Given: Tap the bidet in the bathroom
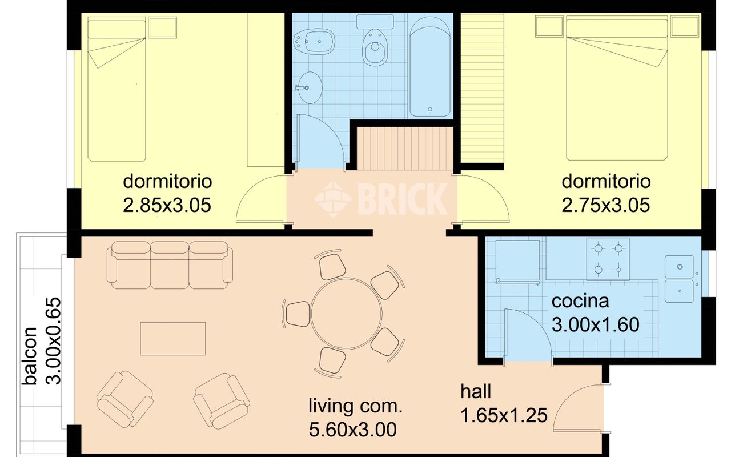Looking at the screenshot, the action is (x=314, y=41).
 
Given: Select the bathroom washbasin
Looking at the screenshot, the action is (x=310, y=87).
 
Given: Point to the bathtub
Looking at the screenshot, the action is (x=430, y=67).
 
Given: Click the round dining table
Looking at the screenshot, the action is (x=346, y=314).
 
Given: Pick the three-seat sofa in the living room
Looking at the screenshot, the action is (x=170, y=265).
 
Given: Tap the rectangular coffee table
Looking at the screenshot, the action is (x=173, y=339).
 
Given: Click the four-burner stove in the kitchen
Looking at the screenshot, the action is (x=608, y=259).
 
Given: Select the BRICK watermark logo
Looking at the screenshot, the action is (x=381, y=199).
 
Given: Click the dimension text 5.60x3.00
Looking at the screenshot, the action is (x=353, y=430).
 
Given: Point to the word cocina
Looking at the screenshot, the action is (x=580, y=301).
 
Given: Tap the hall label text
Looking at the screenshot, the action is (x=476, y=391).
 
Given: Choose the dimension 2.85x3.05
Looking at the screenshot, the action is (x=167, y=205).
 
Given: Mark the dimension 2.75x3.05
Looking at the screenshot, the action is (x=606, y=205).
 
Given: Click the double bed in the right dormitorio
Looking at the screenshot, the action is (x=617, y=90).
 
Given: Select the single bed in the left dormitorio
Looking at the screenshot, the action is (x=117, y=91).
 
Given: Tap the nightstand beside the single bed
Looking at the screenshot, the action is (x=163, y=27).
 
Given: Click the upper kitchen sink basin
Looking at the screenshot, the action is (x=679, y=267).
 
